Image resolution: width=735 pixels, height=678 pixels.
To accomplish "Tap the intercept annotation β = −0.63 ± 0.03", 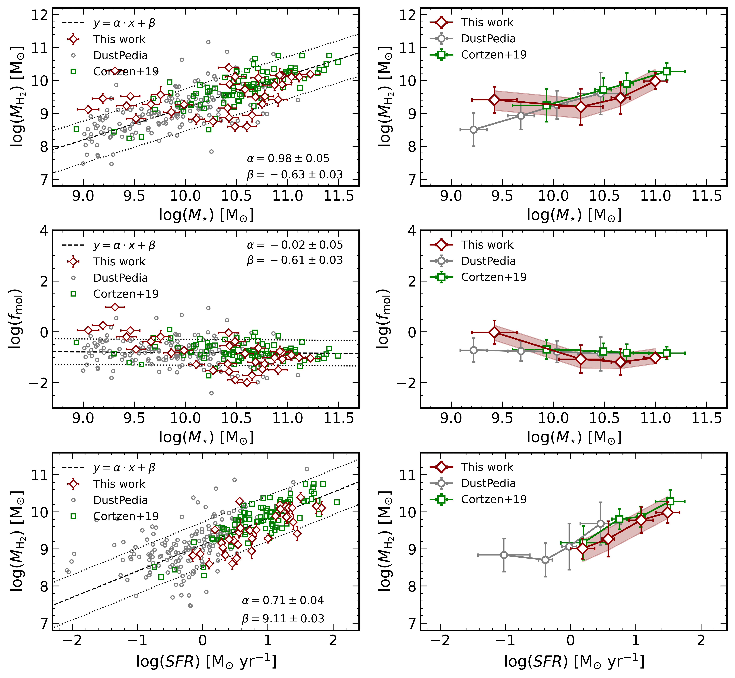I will (x=295, y=175).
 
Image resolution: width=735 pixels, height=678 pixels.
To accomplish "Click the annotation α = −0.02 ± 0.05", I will (x=295, y=245).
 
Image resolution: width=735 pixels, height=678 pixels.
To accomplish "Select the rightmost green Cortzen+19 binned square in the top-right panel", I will (x=667, y=71).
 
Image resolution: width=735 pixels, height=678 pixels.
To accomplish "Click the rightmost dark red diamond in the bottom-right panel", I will (x=668, y=513).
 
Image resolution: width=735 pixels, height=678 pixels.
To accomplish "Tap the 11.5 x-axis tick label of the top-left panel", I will (x=339, y=196).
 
